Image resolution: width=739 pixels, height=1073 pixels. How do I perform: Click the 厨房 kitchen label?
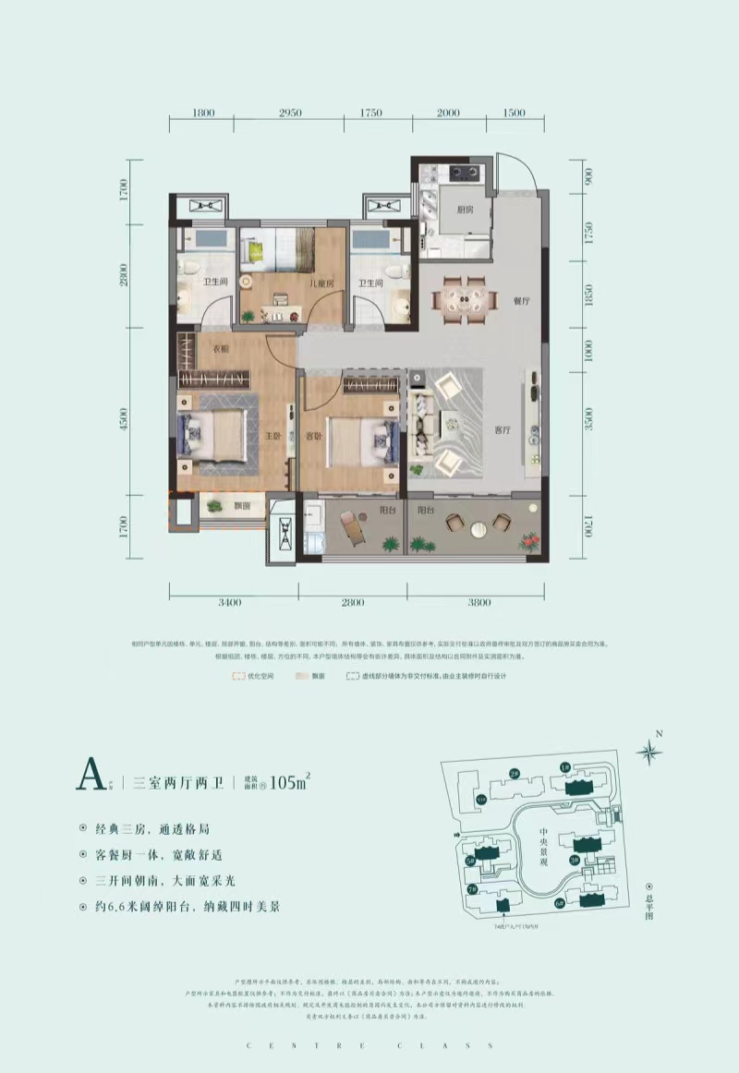(x=465, y=209)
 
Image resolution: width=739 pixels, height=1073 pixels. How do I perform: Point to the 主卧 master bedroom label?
(x=274, y=437)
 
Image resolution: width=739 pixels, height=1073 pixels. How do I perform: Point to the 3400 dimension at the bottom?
(x=230, y=602)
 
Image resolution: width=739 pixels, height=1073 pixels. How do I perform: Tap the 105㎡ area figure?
(x=287, y=783)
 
